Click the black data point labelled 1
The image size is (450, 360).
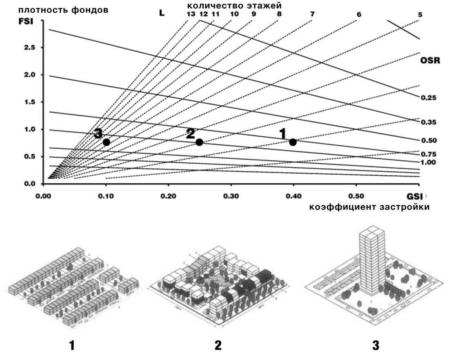point(293,142)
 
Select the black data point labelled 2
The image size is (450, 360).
point(199,142)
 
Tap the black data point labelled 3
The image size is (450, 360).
point(107,142)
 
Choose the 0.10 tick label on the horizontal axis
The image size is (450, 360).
point(106,196)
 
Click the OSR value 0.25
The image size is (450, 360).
point(429,98)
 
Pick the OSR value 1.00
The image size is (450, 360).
point(429,162)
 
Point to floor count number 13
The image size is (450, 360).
point(191,14)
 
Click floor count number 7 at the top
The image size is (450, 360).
point(312,14)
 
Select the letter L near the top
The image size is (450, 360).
point(162,13)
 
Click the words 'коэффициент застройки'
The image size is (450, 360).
point(369,207)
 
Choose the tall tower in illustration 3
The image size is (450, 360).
point(372,261)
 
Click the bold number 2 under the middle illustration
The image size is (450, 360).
point(218,346)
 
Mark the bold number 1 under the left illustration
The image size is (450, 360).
point(72,346)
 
